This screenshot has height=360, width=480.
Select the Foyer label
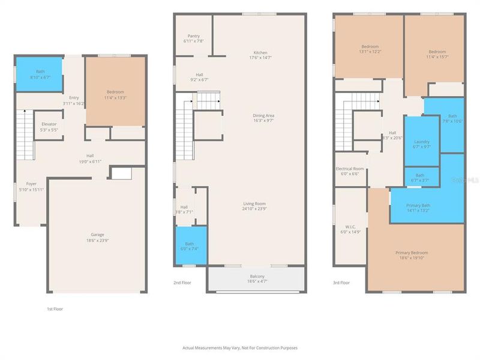(31, 184)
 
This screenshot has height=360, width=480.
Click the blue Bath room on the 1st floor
(39, 74)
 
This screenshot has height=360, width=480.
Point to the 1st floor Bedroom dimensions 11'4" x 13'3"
(115, 98)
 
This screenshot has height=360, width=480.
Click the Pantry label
(193, 36)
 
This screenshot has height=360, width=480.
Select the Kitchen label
(260, 53)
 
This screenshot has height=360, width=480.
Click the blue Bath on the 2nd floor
(190, 246)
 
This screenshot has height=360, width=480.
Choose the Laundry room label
(422, 142)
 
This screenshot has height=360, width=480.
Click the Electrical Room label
(350, 169)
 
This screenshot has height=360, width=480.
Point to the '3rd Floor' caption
(341, 282)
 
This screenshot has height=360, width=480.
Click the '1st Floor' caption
(55, 309)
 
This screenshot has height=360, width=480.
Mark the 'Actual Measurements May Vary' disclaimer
(240, 347)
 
